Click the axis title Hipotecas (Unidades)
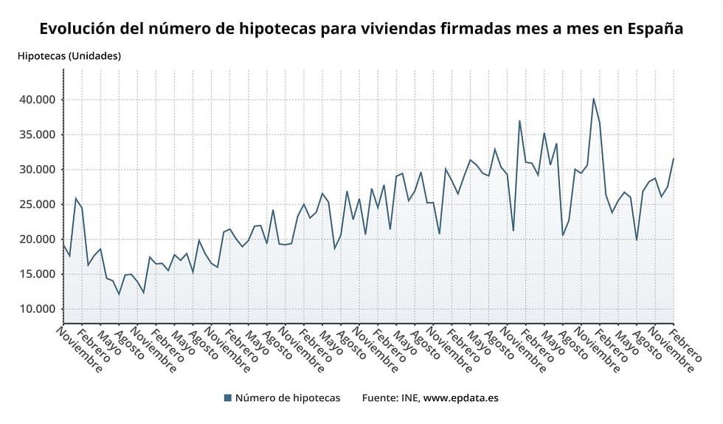point(69,56)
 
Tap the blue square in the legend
point(228,398)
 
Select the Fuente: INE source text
point(390,398)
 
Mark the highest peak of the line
point(593,98)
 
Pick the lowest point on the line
point(119,295)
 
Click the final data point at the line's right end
point(674,159)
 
